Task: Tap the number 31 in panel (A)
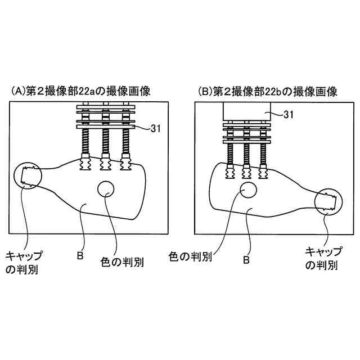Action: tap(157, 128)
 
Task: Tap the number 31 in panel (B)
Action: tap(289, 115)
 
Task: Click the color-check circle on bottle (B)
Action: tap(248, 190)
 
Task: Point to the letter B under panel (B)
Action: tap(246, 260)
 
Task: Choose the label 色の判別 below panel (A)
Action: tap(121, 262)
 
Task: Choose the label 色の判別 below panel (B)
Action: tap(190, 257)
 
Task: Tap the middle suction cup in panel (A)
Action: tap(105, 164)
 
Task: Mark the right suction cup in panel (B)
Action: tap(262, 173)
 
